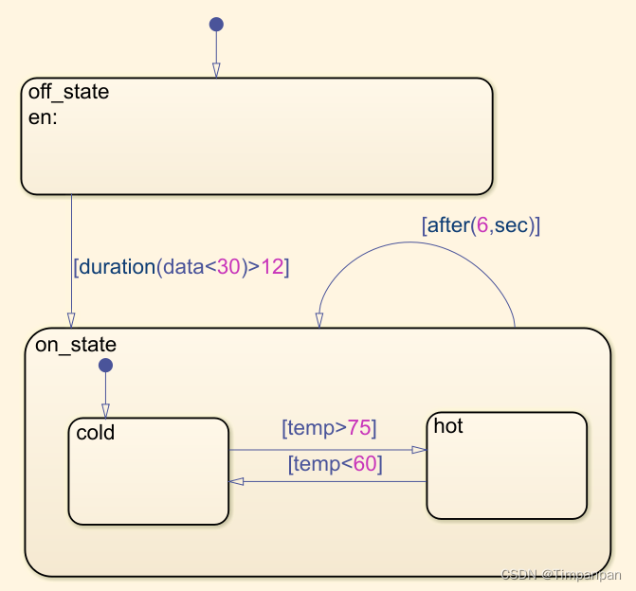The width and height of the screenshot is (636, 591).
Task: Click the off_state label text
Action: coord(68,93)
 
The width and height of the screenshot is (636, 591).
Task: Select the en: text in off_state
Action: coord(43,118)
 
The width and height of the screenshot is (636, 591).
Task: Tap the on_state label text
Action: coord(75,344)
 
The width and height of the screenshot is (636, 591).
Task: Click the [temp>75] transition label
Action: coord(329,428)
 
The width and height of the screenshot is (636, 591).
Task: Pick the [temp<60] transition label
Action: coord(334,464)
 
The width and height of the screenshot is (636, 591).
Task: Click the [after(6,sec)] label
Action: coord(481,225)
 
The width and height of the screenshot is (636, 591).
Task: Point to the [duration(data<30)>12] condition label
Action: coord(181,267)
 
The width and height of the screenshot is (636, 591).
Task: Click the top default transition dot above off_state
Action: coord(216,24)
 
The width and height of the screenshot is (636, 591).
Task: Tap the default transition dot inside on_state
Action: coord(105,366)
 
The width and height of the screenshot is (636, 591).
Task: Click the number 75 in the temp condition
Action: coord(358,428)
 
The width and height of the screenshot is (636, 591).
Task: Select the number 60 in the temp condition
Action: coord(364,464)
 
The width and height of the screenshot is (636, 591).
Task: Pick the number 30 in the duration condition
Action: coord(228,267)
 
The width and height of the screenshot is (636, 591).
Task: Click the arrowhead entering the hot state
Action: coord(420,450)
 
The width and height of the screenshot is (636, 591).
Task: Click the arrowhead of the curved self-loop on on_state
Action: coord(319,320)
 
